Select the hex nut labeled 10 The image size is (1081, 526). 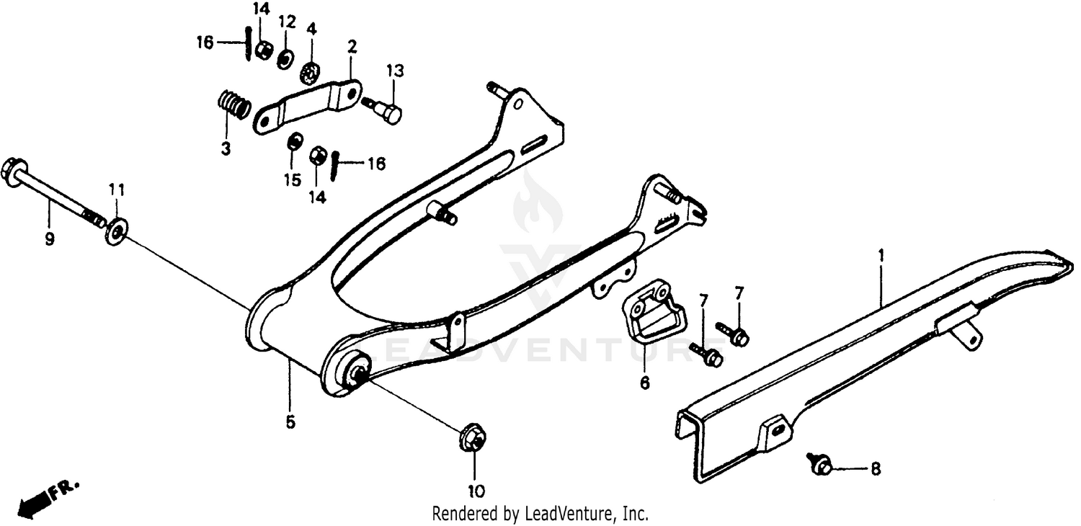[x=471, y=440]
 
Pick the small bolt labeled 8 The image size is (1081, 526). [x=820, y=464]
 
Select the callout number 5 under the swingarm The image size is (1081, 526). [x=290, y=423]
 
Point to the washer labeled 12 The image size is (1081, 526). [x=285, y=59]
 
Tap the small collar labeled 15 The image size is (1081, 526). [x=294, y=143]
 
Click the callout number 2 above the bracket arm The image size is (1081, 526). [x=352, y=48]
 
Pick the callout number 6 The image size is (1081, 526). [x=644, y=382]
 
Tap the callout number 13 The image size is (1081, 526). [x=394, y=71]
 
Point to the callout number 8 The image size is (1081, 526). [x=875, y=469]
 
